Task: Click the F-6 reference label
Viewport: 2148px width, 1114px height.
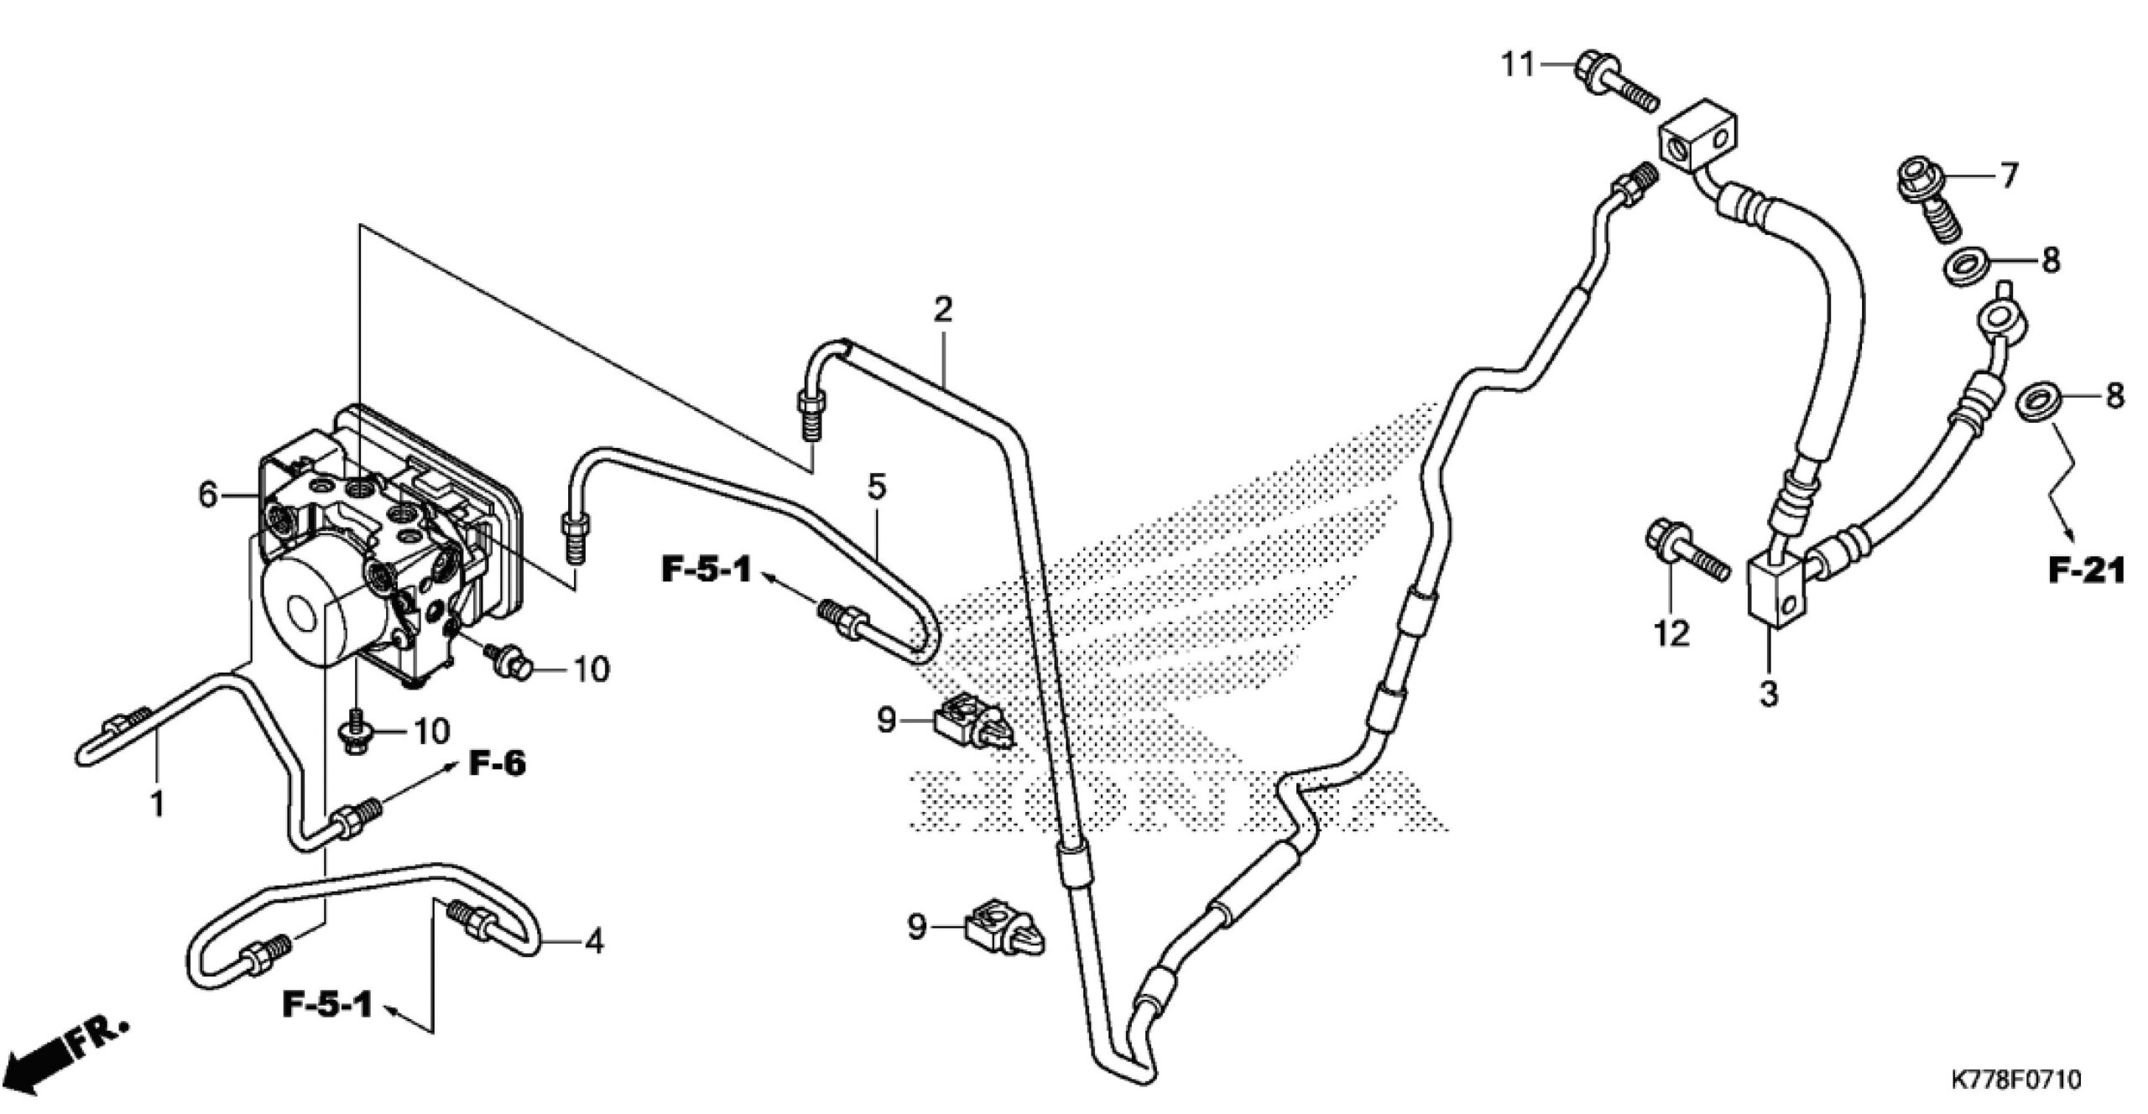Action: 497,764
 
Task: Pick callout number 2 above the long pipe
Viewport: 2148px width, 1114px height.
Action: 943,310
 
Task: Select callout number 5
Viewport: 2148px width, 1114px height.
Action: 876,487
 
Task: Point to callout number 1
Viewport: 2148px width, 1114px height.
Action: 156,805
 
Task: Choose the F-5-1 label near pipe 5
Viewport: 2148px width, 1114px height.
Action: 706,572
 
